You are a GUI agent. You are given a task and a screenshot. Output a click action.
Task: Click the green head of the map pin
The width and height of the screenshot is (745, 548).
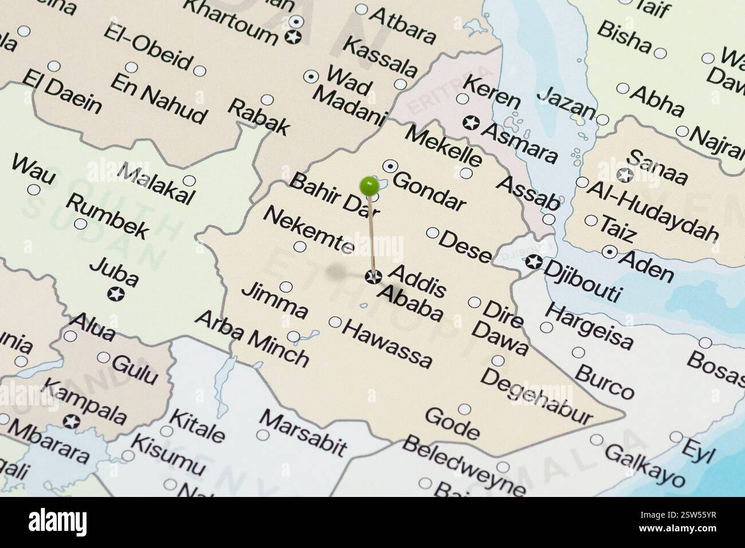[x=369, y=185]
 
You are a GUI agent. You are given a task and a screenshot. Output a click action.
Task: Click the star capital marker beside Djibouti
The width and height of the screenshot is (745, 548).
[x=534, y=262]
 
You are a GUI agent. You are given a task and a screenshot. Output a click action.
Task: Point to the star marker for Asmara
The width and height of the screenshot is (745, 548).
[x=471, y=122]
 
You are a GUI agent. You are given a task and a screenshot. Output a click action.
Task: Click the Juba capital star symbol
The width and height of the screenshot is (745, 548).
[x=115, y=294]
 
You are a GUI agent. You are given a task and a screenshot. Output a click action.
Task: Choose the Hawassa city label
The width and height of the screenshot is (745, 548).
[x=388, y=343]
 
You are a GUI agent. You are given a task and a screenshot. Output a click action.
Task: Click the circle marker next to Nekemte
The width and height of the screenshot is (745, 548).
[x=300, y=246]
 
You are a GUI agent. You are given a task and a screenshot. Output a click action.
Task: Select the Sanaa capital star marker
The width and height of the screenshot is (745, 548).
[x=624, y=175]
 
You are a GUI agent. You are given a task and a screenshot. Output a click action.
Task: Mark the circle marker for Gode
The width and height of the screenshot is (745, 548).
[x=464, y=409]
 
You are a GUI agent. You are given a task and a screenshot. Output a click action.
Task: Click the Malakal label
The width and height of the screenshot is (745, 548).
[x=156, y=185]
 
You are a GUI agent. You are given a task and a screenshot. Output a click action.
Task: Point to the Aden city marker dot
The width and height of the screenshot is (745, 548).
[x=609, y=250]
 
